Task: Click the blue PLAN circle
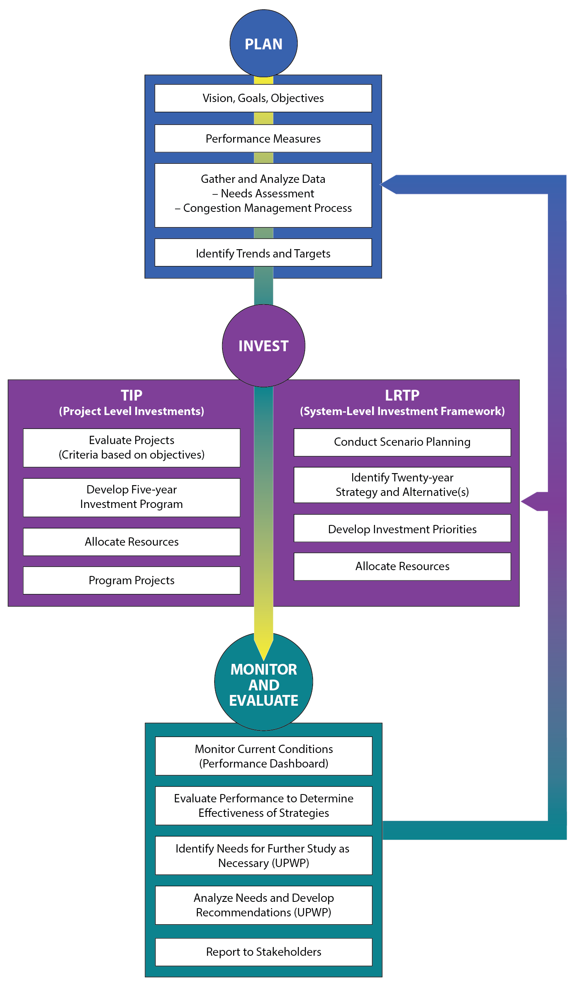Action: click(263, 44)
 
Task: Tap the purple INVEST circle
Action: click(263, 345)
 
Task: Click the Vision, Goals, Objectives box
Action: click(263, 98)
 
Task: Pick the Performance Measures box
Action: click(263, 138)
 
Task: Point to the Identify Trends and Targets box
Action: click(263, 253)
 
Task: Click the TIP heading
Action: click(131, 395)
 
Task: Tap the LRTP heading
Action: click(402, 395)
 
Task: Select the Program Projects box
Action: click(131, 580)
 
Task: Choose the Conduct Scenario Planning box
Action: click(402, 442)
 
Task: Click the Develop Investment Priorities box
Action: click(402, 529)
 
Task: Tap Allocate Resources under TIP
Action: click(131, 542)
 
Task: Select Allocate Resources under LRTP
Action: click(402, 566)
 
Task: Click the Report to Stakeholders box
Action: click(263, 952)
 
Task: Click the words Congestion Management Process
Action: click(267, 208)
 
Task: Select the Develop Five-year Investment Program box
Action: click(131, 497)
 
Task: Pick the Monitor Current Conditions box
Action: click(263, 756)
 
